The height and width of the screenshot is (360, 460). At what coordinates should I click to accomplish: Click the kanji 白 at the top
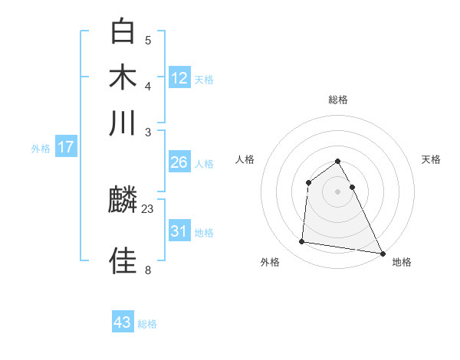(123, 31)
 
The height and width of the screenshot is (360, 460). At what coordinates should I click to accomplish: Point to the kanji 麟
(123, 201)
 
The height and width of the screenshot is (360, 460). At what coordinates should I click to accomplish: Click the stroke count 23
(148, 208)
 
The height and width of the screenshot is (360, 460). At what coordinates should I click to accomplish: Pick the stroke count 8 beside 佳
(148, 270)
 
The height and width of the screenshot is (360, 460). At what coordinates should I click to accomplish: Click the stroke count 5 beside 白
(148, 41)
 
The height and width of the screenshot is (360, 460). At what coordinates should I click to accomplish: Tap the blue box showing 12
(179, 77)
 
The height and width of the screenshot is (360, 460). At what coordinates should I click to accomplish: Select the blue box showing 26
(179, 162)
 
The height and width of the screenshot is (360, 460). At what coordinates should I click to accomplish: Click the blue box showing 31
(179, 231)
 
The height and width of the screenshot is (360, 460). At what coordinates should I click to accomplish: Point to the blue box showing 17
(66, 147)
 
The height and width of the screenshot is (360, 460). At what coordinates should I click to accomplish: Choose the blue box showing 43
(123, 322)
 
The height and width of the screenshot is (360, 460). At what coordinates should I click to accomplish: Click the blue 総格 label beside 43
(147, 324)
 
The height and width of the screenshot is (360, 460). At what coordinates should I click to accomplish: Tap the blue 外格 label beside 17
(41, 149)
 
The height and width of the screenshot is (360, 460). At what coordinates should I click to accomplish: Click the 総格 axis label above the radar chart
(338, 100)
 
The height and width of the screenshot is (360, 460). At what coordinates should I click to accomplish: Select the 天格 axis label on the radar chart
(431, 159)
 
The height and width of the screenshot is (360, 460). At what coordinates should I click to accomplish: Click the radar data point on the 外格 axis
(302, 242)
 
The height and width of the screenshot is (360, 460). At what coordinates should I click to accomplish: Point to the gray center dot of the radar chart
(338, 191)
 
